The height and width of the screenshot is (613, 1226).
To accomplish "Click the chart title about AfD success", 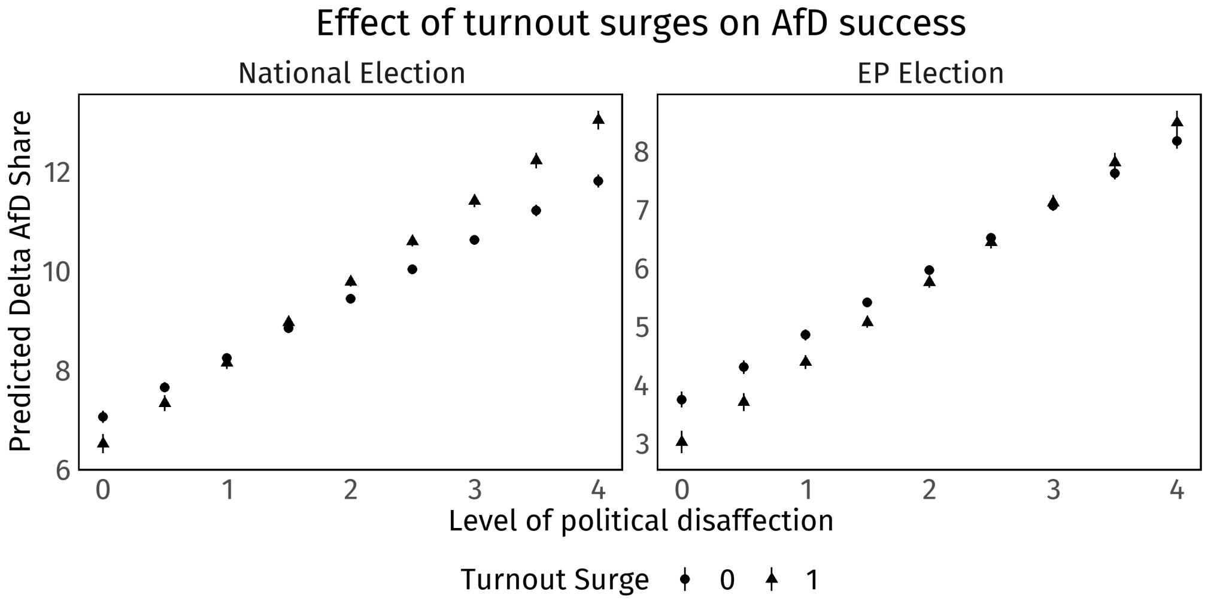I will point(641,24).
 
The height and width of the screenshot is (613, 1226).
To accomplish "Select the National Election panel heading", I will point(351,74).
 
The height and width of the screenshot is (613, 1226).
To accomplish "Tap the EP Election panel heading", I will point(930,74).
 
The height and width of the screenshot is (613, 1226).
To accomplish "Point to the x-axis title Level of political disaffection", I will point(641,521).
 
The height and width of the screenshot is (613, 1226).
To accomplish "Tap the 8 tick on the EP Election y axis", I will point(641,152).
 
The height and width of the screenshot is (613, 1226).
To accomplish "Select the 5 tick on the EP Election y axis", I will point(641,327).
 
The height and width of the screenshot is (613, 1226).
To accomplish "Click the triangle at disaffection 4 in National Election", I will point(598,120).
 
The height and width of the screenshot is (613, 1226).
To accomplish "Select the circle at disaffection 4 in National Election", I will point(598,181).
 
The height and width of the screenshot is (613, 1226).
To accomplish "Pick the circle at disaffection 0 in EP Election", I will point(681,399).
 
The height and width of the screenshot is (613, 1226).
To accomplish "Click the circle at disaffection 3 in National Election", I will point(474,240).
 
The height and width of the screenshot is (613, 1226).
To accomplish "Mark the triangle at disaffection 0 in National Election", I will point(103,443).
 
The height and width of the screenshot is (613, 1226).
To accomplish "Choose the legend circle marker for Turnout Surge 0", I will point(685,579).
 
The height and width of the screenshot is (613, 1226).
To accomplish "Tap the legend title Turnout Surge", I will point(554,579).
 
